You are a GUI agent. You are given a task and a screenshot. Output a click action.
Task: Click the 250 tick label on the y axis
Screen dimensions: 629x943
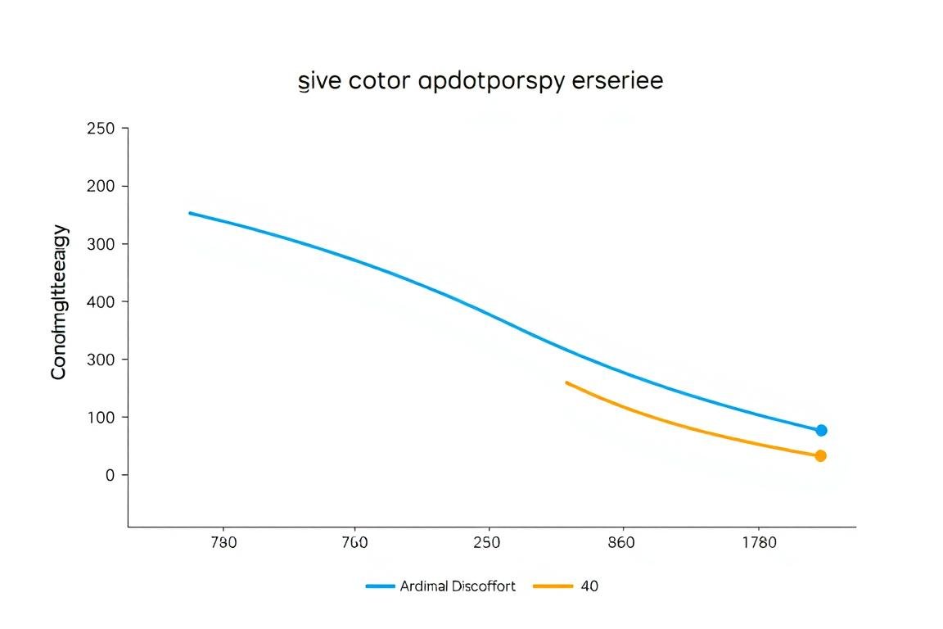[102, 129]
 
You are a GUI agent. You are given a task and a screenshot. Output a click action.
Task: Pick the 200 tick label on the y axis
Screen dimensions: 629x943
[102, 186]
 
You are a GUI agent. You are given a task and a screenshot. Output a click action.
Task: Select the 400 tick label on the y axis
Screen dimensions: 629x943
[102, 301]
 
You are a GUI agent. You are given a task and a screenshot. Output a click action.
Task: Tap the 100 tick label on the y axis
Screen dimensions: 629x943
[102, 417]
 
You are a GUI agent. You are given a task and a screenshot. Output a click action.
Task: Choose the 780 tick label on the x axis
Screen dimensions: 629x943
[223, 543]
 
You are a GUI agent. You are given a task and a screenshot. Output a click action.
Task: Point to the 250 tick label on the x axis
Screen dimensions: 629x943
[488, 543]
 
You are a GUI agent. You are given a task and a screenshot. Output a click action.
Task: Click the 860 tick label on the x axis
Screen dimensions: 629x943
[623, 543]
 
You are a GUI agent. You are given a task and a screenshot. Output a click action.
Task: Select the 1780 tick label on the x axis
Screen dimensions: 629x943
[759, 543]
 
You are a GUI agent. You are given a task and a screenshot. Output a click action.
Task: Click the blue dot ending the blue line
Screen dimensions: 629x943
[821, 430]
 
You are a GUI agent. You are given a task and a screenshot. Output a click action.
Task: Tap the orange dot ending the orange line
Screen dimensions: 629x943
[820, 455]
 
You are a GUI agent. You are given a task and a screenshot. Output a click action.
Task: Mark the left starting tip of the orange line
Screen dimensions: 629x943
[566, 382]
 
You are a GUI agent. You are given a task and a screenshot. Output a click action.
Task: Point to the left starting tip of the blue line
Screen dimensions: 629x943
[190, 213]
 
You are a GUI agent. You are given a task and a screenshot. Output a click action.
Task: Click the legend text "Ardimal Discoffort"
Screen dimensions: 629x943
[458, 586]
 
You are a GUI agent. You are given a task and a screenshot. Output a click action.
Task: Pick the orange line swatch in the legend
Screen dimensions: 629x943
[553, 586]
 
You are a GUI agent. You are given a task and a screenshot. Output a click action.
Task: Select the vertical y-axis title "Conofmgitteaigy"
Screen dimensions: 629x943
[59, 303]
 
